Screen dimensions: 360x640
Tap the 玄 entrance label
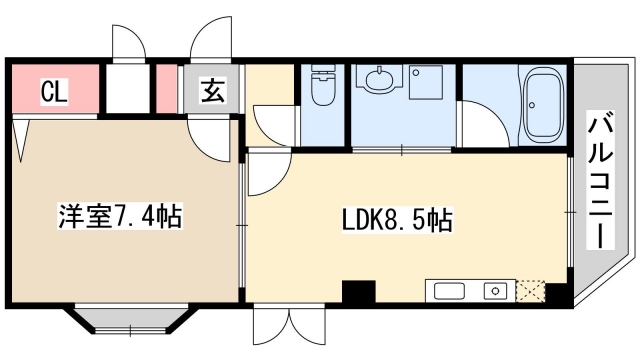213,91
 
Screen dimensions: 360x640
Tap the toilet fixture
322,87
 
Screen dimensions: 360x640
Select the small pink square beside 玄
166,90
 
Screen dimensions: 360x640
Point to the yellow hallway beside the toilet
272,100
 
